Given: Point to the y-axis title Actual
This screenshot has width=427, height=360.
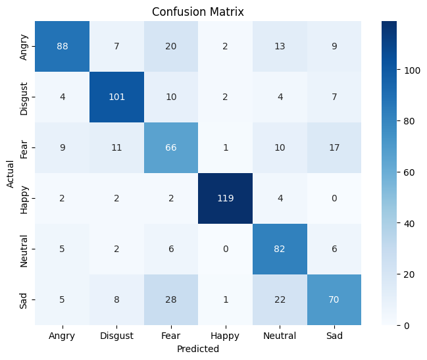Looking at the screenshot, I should coord(11,173).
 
